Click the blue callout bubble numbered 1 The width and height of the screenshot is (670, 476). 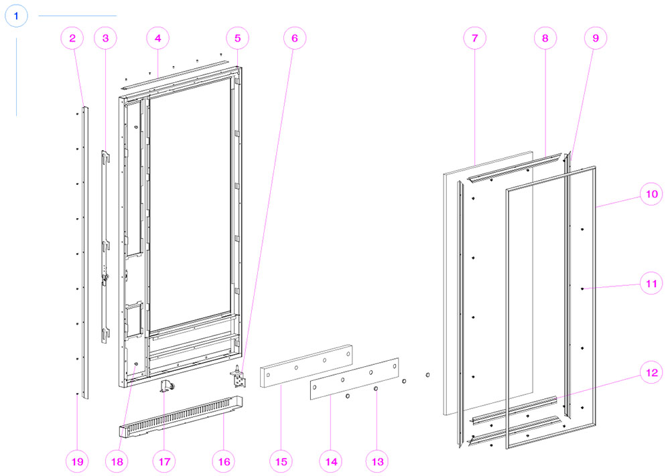[16, 16]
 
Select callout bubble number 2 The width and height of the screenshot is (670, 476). [72, 38]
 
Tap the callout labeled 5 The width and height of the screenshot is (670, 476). [238, 38]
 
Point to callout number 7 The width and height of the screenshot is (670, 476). [475, 38]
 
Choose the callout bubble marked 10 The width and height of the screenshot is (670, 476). [651, 194]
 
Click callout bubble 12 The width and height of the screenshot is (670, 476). [651, 372]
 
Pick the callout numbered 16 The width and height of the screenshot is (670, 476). [224, 461]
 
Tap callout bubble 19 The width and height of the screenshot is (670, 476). [77, 461]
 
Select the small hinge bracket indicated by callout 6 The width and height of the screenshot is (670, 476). [238, 376]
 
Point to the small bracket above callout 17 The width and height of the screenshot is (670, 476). [167, 385]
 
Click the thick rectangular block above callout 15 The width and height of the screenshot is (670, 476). [306, 366]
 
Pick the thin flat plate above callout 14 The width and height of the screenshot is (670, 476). [354, 379]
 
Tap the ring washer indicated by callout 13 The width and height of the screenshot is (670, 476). [376, 389]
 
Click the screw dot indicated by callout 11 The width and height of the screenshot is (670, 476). [582, 289]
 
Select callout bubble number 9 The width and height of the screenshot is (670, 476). [595, 38]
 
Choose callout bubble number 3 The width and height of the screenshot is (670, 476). [106, 38]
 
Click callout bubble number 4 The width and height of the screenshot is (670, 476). [157, 38]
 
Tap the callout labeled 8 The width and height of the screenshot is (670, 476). [545, 38]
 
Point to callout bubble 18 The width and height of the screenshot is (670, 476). [117, 461]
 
